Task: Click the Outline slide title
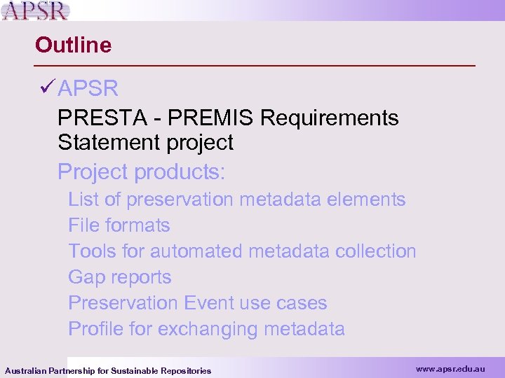click(x=73, y=45)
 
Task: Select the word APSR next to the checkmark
click(x=88, y=89)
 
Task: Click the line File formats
click(x=119, y=225)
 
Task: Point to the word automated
click(x=195, y=251)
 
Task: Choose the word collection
click(x=376, y=251)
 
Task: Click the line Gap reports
click(x=120, y=277)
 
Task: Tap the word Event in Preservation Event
click(x=208, y=303)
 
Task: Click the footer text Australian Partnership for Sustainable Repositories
click(x=108, y=370)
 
